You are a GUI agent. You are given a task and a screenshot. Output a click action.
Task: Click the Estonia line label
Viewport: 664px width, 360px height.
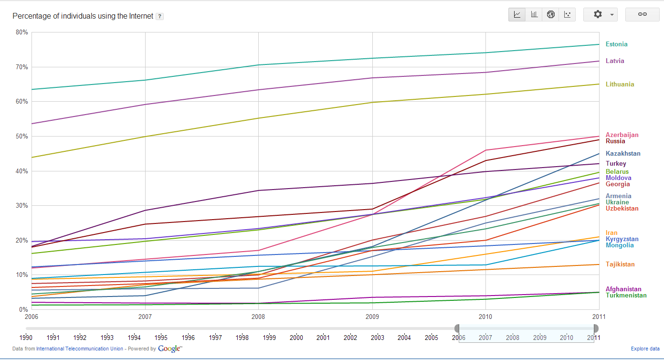(616, 44)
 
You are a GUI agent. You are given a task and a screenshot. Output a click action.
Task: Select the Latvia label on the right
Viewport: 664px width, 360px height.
(615, 61)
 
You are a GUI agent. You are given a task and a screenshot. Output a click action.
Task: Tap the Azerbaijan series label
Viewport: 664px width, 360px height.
(622, 135)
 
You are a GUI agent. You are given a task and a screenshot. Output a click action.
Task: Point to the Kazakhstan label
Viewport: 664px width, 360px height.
(623, 154)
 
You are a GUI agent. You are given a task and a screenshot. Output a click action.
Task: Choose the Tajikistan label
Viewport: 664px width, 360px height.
(620, 265)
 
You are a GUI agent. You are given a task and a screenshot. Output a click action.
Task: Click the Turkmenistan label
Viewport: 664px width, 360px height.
(626, 296)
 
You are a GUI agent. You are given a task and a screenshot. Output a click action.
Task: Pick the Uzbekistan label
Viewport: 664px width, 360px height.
(622, 209)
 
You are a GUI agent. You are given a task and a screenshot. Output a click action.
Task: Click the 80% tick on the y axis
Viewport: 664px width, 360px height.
(22, 32)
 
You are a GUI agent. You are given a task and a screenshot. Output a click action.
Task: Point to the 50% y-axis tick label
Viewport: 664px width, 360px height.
(22, 137)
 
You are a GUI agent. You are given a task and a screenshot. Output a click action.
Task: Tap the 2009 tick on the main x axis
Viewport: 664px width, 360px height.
(372, 317)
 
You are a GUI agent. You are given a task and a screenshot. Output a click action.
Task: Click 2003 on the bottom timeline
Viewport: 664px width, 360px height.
(377, 338)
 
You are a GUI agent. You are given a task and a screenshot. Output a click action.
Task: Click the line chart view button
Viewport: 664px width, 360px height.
(517, 14)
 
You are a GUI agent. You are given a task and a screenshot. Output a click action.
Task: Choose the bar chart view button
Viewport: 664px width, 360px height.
(534, 14)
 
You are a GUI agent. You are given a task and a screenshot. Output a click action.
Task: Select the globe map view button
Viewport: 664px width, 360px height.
(551, 14)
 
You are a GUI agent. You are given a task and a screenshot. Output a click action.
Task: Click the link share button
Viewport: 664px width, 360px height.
(642, 14)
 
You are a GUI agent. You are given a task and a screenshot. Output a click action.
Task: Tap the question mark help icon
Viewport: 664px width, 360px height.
(160, 16)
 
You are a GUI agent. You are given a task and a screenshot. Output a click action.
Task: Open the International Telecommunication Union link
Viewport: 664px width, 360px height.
(80, 349)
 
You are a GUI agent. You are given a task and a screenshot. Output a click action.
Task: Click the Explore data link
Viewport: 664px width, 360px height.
(645, 349)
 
